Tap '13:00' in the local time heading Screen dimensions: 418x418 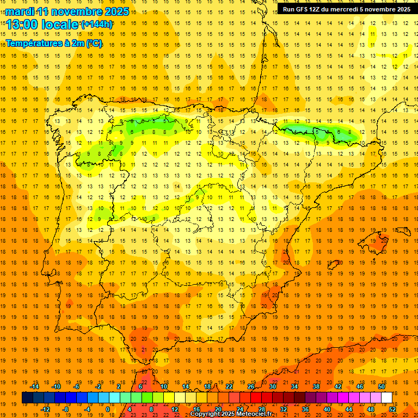tap(22, 24)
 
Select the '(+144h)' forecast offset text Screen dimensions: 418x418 tap(96, 24)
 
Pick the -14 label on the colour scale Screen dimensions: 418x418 tap(34, 386)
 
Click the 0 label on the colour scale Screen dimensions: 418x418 tap(108, 409)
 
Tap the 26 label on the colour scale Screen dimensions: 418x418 tap(250, 386)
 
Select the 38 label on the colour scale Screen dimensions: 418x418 tap(316, 386)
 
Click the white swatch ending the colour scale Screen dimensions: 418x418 tap(387, 398)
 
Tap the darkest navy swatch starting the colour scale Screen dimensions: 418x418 tap(27, 398)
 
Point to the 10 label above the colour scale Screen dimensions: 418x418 tap(163, 386)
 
